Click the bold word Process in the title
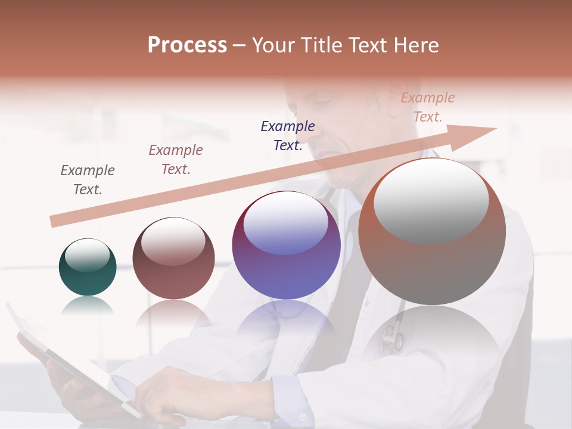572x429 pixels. [x=187, y=45]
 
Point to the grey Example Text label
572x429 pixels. [x=88, y=179]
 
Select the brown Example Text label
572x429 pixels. [x=176, y=159]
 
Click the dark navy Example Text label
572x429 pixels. [x=288, y=135]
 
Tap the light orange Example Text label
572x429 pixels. [x=428, y=107]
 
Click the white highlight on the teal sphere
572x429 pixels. [x=87, y=256]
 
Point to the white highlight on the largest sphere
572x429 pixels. [x=431, y=201]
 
